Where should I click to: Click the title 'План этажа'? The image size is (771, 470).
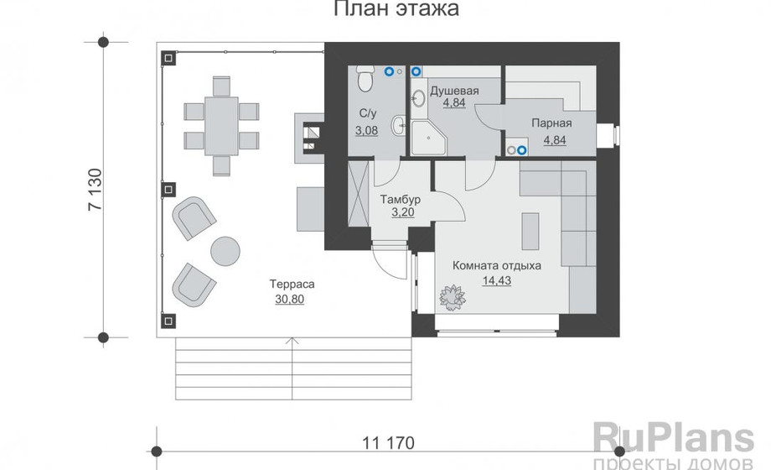396,9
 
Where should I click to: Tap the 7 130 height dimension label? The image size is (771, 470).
96,190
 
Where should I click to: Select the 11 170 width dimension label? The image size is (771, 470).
389,443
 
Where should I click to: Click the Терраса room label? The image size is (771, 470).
292,285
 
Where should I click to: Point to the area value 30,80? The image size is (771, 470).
290,299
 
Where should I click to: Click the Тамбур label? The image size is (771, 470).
401,200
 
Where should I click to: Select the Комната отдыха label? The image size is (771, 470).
497,265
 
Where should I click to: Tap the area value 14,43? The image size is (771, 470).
497,281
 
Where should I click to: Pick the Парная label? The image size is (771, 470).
551,123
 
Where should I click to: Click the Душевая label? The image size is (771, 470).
454,91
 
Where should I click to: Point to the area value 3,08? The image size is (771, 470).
367,131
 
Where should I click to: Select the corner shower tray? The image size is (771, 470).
429,138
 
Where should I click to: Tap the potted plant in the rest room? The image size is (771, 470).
453,298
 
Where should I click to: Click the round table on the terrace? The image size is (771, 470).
225,251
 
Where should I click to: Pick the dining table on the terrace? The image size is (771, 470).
221,127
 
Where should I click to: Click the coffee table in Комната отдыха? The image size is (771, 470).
530,231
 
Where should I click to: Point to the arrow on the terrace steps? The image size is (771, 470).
292,368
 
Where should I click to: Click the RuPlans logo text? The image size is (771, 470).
673,438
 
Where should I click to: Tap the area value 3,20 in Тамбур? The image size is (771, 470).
403,213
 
